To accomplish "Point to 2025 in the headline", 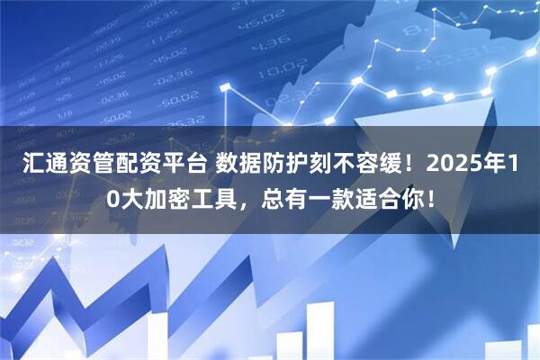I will [x=447, y=168].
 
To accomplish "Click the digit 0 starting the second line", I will [x=110, y=201].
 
